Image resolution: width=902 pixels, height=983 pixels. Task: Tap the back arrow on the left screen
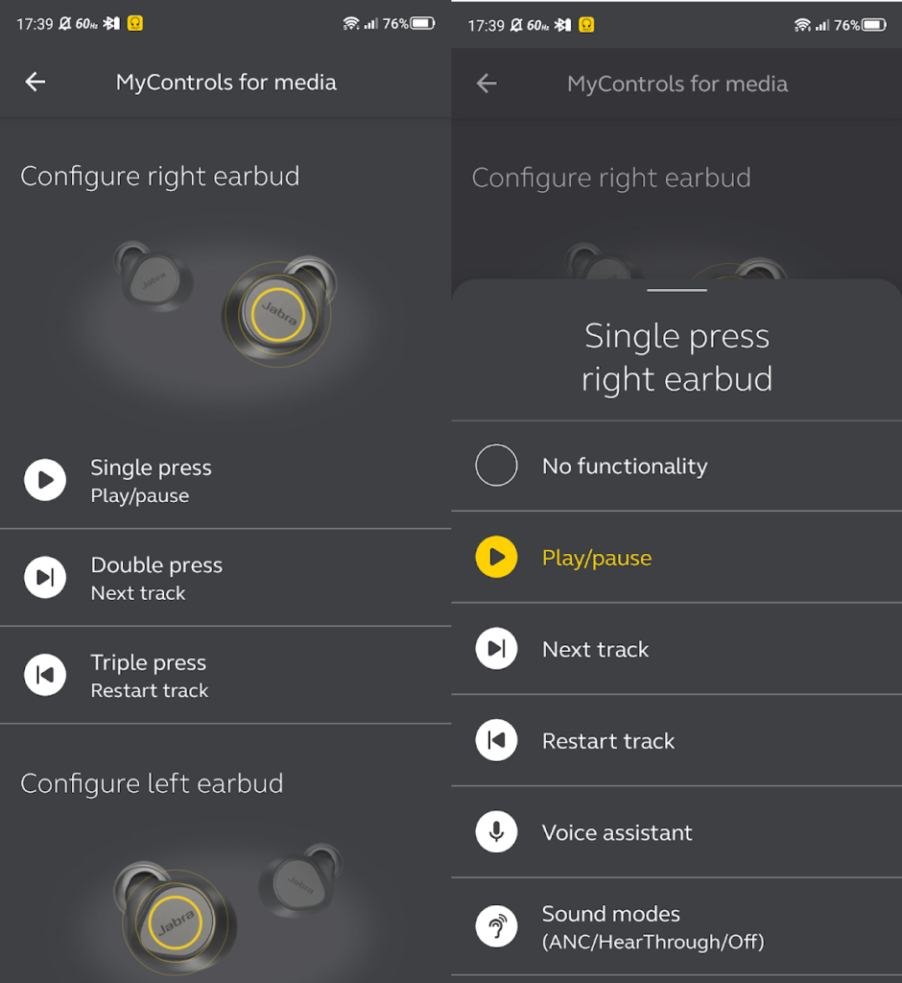click(x=36, y=82)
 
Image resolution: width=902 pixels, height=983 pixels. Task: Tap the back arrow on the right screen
click(x=487, y=84)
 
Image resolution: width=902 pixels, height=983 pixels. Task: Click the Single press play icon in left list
click(x=45, y=480)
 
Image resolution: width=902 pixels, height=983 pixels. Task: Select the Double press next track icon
click(x=45, y=577)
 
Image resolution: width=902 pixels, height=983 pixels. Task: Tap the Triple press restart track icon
click(x=45, y=675)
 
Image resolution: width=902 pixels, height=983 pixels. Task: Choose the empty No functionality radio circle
click(x=496, y=466)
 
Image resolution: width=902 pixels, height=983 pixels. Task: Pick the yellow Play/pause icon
click(x=496, y=557)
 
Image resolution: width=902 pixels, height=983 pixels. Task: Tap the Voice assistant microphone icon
click(x=496, y=832)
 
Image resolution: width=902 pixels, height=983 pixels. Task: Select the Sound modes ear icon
click(x=496, y=926)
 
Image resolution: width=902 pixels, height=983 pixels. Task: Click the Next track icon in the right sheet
click(x=496, y=648)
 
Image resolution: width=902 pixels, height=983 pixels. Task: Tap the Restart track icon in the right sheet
click(x=496, y=740)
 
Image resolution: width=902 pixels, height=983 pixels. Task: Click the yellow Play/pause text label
click(x=597, y=558)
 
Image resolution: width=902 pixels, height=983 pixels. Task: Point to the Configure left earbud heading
click(x=152, y=783)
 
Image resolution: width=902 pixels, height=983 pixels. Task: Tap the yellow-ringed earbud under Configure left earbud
click(x=176, y=919)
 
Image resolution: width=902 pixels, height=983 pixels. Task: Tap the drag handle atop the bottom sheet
click(x=676, y=290)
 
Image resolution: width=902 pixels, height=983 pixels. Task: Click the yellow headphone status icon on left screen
click(x=134, y=23)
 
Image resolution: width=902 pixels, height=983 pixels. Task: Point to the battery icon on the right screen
click(x=874, y=25)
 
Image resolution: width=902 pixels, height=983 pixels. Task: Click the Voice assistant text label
click(x=617, y=832)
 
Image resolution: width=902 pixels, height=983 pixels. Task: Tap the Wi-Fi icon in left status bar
click(x=351, y=24)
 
